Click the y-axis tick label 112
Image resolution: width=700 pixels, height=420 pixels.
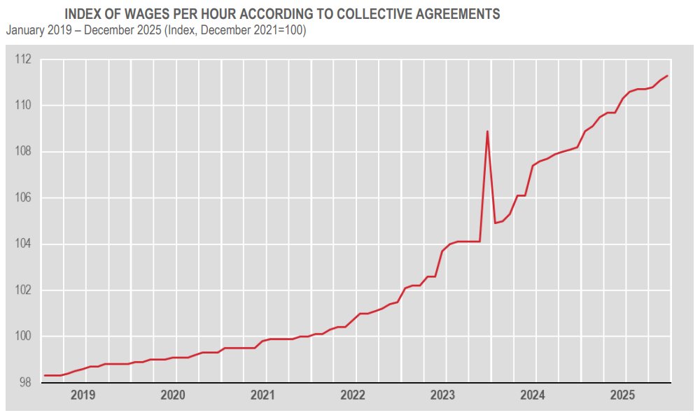[23, 59]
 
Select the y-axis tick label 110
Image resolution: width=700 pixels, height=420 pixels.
[23, 106]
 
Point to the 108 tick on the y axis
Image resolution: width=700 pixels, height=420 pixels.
[23, 152]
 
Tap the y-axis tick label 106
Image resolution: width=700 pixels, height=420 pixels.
[23, 198]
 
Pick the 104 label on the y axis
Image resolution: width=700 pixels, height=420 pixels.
[23, 244]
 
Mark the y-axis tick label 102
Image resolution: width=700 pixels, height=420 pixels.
[23, 290]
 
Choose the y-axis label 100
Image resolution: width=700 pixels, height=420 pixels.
[23, 337]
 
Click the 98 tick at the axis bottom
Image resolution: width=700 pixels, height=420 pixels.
[25, 383]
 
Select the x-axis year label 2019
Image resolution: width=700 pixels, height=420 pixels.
[83, 395]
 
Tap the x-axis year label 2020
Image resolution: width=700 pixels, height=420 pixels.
[173, 395]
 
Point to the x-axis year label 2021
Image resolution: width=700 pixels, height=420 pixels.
[263, 395]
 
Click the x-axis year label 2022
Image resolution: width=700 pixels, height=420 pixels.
[353, 395]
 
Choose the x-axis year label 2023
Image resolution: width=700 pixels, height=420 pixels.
[443, 395]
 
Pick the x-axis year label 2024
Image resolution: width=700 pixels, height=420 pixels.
[533, 395]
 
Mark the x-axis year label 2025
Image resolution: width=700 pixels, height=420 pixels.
[623, 395]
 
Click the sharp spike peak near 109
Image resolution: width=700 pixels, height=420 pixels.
[487, 132]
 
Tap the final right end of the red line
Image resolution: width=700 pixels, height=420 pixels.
[668, 76]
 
